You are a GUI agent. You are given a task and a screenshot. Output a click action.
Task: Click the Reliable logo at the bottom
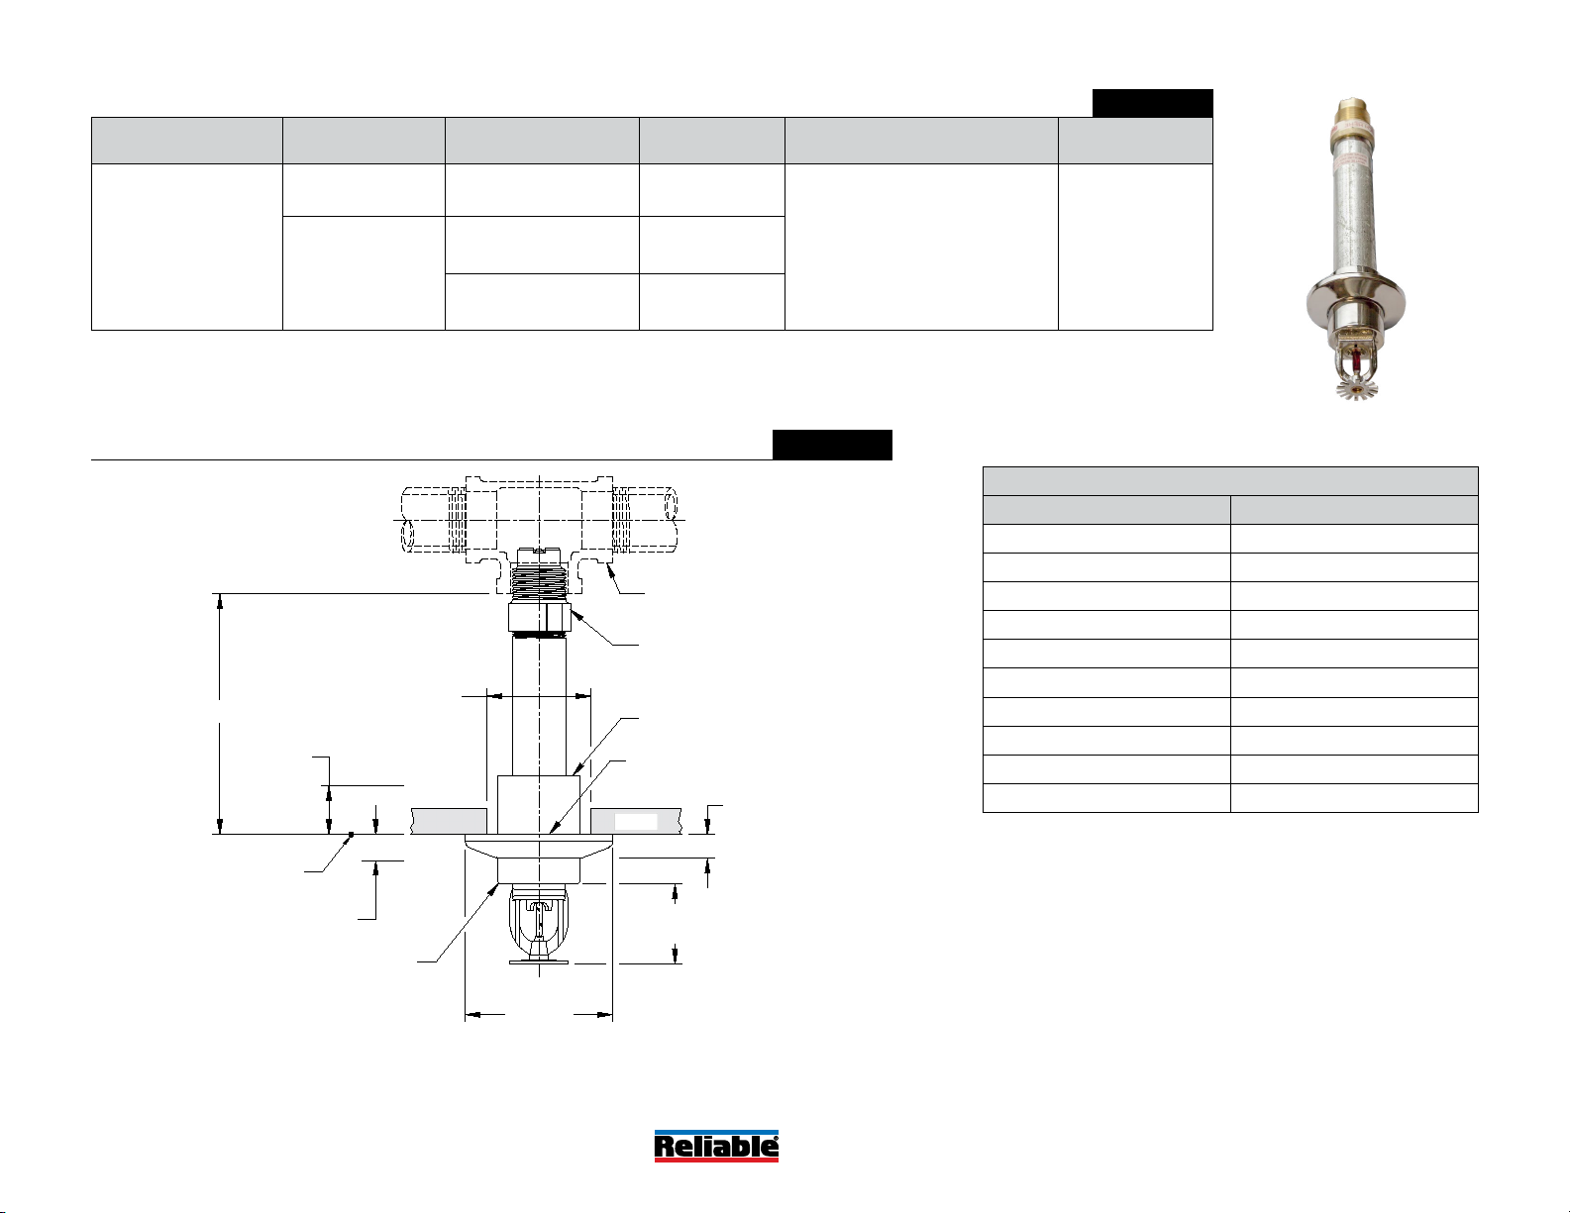click(716, 1146)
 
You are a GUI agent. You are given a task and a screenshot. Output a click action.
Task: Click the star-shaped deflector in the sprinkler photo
click(1356, 388)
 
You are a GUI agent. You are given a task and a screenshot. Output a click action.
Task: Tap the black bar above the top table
click(1152, 103)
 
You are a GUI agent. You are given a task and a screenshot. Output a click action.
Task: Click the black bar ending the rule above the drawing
click(832, 445)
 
